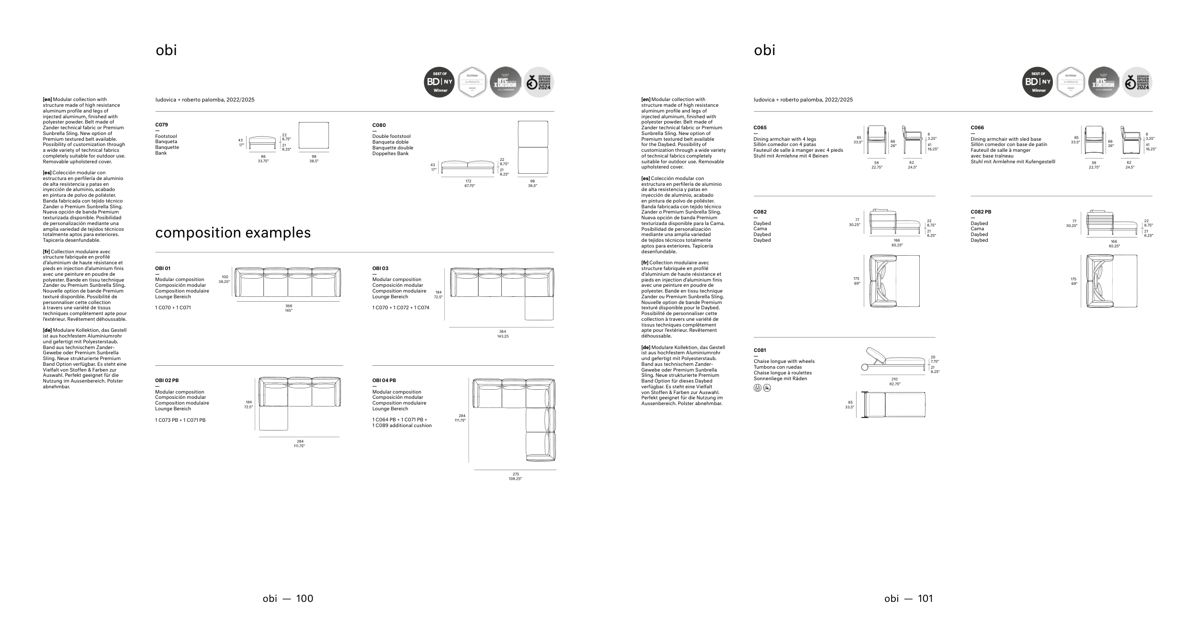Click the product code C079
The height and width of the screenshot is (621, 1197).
point(161,125)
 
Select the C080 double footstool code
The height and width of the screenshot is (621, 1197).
point(379,125)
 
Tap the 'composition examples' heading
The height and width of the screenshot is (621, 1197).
point(233,233)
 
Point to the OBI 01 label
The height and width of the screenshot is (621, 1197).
point(163,269)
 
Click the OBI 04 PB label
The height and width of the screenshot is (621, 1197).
point(384,381)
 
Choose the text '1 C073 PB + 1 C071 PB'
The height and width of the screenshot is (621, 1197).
point(180,420)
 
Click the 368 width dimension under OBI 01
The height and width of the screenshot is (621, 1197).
point(288,306)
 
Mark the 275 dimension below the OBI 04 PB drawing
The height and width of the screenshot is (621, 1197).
point(515,474)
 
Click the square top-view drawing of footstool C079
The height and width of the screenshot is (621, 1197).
point(314,135)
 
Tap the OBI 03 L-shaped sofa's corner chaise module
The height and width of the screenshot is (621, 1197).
point(539,308)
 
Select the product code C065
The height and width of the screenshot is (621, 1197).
point(760,128)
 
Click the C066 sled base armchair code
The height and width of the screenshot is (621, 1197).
point(977,128)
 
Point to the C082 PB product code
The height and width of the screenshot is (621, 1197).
point(981,212)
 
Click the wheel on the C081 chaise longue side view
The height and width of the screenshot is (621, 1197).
point(864,367)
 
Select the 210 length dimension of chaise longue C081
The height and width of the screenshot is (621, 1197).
point(894,379)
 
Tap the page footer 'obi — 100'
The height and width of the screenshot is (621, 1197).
point(288,598)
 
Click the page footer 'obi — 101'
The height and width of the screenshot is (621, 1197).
point(909,598)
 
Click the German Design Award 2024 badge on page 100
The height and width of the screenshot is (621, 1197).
point(539,82)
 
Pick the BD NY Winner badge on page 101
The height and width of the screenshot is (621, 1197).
point(1038,82)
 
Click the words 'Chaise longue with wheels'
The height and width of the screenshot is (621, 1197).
point(784,361)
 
